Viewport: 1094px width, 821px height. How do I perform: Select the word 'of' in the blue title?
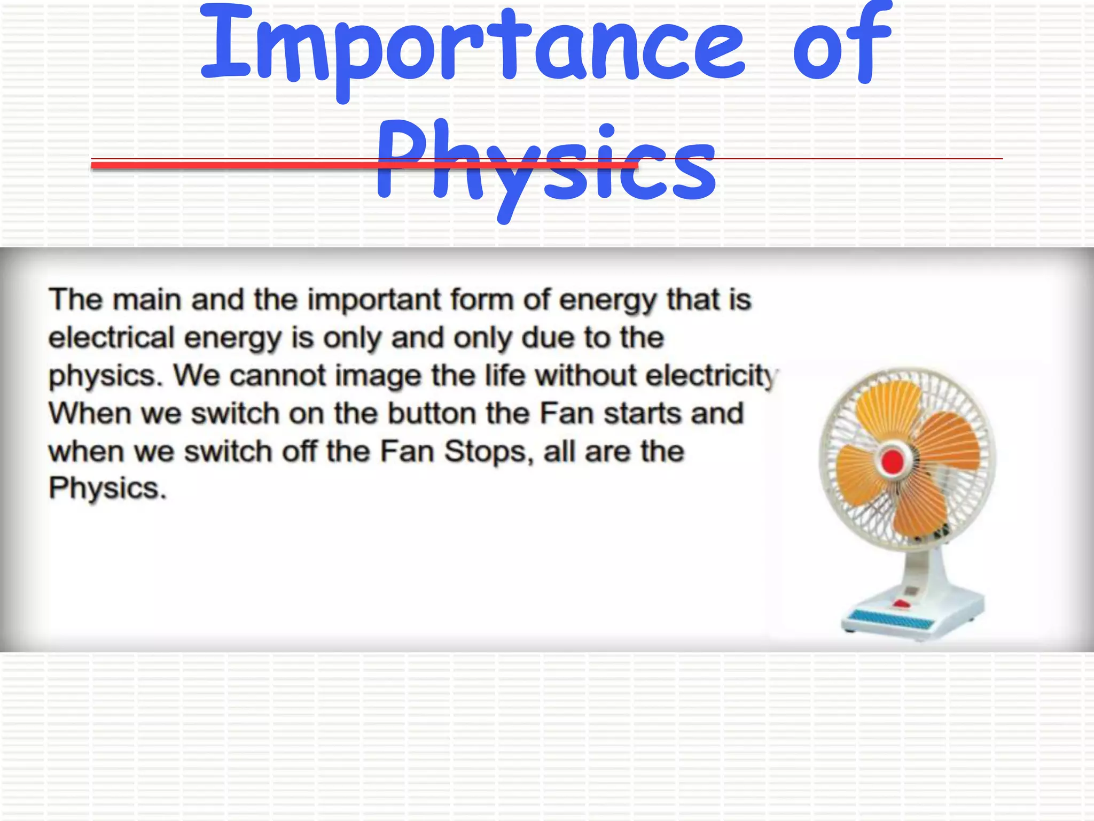coord(841,45)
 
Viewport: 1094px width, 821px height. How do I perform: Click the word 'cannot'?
coord(277,376)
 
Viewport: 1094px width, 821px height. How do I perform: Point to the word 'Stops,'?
coord(489,452)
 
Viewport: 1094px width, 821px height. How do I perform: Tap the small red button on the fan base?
coord(901,604)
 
